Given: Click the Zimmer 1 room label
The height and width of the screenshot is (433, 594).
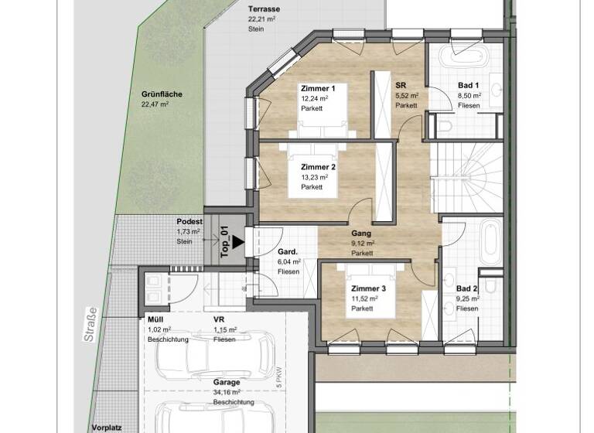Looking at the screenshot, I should click(x=317, y=89).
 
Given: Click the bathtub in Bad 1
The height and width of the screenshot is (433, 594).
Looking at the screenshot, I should click(x=466, y=57).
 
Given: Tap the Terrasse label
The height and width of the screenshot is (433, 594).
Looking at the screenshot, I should click(x=264, y=9).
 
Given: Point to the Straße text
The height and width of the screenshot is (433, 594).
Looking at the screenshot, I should click(x=92, y=323).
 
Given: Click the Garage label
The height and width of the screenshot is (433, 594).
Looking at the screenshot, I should click(x=227, y=382).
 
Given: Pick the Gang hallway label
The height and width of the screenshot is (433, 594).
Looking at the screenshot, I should click(x=360, y=233).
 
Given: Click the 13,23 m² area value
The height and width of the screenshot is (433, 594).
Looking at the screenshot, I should click(x=314, y=177).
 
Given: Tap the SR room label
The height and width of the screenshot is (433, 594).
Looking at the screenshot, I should click(x=401, y=86).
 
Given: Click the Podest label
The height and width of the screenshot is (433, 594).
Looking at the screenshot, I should click(x=189, y=221).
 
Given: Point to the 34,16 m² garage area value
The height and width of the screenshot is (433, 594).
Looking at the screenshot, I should click(x=228, y=392).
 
